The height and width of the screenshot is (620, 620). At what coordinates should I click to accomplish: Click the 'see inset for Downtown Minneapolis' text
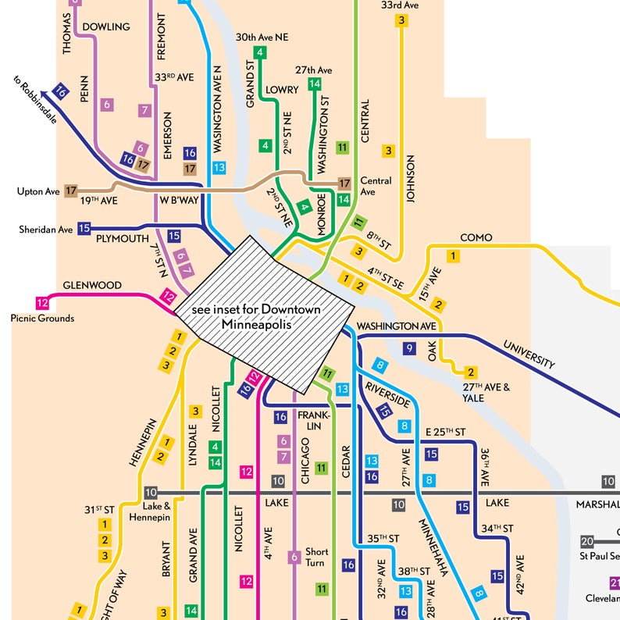tap(257, 316)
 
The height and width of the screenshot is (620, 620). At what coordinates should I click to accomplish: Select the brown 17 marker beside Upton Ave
tap(71, 190)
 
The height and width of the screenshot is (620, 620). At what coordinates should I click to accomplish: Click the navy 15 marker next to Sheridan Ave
tap(84, 229)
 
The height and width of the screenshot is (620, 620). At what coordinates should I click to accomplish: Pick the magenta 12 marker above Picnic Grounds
tap(42, 302)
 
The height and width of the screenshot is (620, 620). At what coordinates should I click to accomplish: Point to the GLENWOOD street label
tap(92, 286)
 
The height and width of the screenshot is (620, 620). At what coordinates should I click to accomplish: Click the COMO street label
tap(476, 237)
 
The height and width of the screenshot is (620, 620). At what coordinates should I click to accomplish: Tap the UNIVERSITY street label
tap(529, 354)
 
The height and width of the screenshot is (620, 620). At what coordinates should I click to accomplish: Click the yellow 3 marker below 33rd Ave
tap(401, 21)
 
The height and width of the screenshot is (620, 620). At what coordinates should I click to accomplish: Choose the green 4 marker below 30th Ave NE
tap(260, 52)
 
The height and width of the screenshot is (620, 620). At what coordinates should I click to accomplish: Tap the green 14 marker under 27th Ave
tap(315, 84)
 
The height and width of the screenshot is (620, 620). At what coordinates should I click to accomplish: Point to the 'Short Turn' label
tap(316, 557)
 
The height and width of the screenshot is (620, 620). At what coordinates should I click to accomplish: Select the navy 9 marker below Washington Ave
tap(408, 348)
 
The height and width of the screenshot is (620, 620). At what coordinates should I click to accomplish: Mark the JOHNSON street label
tap(410, 179)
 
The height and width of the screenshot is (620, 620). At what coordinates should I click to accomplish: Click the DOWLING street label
tap(105, 27)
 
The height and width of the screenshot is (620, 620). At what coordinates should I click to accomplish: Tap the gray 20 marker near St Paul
tap(587, 541)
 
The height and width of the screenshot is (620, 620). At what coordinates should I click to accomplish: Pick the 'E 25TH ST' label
tap(445, 432)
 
